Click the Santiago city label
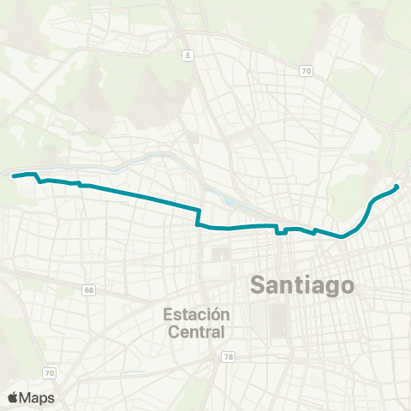click(x=301, y=285)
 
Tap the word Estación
click(x=197, y=314)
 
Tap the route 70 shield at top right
click(x=305, y=72)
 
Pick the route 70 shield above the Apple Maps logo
click(x=50, y=372)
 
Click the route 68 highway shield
click(x=89, y=290)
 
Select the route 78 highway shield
click(x=228, y=356)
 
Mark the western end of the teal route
click(x=13, y=176)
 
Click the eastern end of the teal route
click(x=396, y=187)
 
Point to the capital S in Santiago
click(x=257, y=285)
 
